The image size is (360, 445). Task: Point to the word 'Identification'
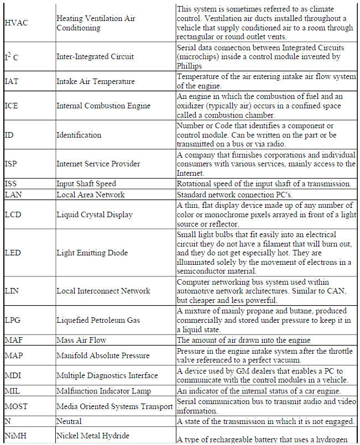79,135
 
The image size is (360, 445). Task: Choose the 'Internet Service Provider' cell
98,164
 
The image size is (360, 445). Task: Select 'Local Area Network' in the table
91,195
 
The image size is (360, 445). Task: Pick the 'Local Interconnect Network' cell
103,291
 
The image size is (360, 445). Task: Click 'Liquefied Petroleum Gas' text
98,320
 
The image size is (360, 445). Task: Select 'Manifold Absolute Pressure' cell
103,355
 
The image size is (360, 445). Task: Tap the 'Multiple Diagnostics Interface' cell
107,375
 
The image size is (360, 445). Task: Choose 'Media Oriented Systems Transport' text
114,406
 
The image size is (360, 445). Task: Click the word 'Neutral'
69,421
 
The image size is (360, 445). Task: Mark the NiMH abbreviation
16,436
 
